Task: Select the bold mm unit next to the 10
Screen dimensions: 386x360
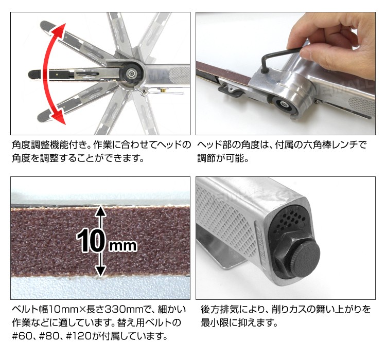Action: [123, 246]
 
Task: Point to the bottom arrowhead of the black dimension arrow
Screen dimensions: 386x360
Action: [100, 272]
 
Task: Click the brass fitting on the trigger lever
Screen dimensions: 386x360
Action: [163, 90]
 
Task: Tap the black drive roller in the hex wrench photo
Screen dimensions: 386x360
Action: [284, 105]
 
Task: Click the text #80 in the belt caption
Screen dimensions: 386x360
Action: [49, 336]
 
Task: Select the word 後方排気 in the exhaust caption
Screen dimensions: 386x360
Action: [220, 309]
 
